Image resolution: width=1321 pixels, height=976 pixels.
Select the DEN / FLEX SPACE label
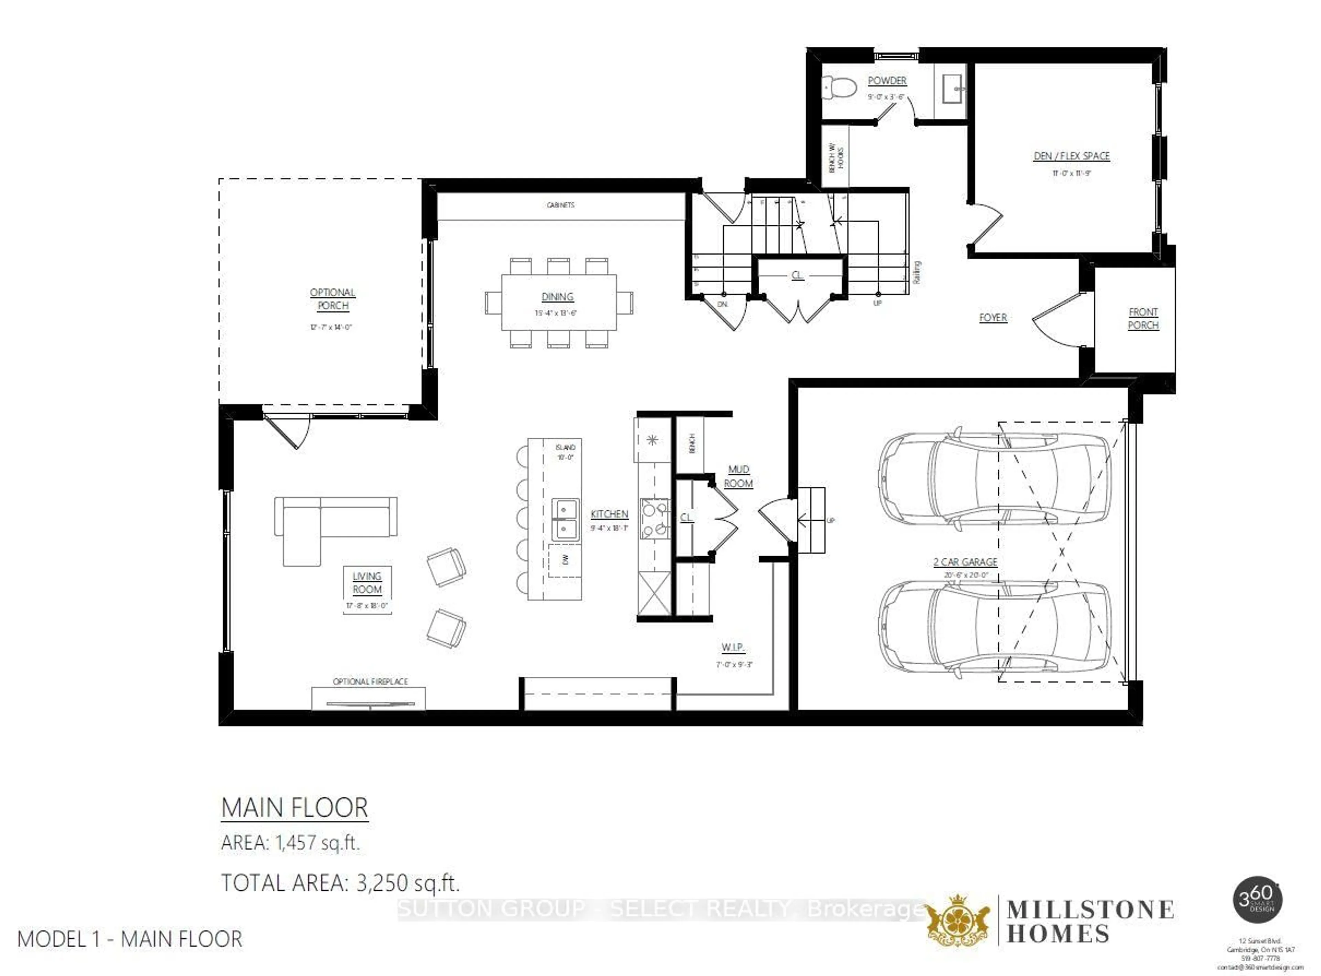[1071, 156]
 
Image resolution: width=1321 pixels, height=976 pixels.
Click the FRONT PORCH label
[1142, 319]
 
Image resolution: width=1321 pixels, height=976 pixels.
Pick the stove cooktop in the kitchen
[655, 519]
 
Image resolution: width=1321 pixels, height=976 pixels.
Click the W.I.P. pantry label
[733, 647]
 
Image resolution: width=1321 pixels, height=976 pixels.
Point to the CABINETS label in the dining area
[560, 205]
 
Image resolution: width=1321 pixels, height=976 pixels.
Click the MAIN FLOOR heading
[294, 808]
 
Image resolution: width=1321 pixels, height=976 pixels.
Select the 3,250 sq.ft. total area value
[408, 883]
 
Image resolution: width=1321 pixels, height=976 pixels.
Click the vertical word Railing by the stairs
[916, 272]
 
